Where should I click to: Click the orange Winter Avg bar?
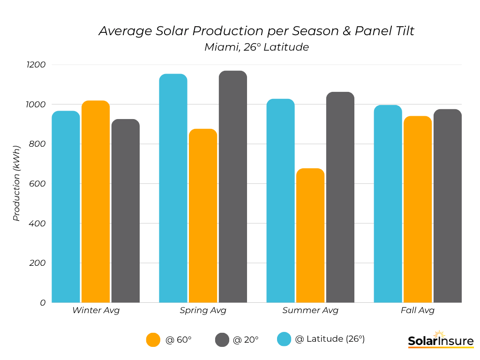96,202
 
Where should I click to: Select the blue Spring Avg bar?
173,188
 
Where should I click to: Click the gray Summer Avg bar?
340,197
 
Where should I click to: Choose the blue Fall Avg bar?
388,204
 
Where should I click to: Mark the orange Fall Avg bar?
418,209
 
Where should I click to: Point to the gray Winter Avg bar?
126,211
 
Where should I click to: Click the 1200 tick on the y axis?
36,65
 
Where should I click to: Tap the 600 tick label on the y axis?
37,184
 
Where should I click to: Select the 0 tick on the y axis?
43,303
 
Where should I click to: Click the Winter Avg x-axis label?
96,310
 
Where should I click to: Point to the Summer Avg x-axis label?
310,310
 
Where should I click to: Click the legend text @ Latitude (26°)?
330,339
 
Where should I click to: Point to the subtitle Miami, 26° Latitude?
256,47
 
